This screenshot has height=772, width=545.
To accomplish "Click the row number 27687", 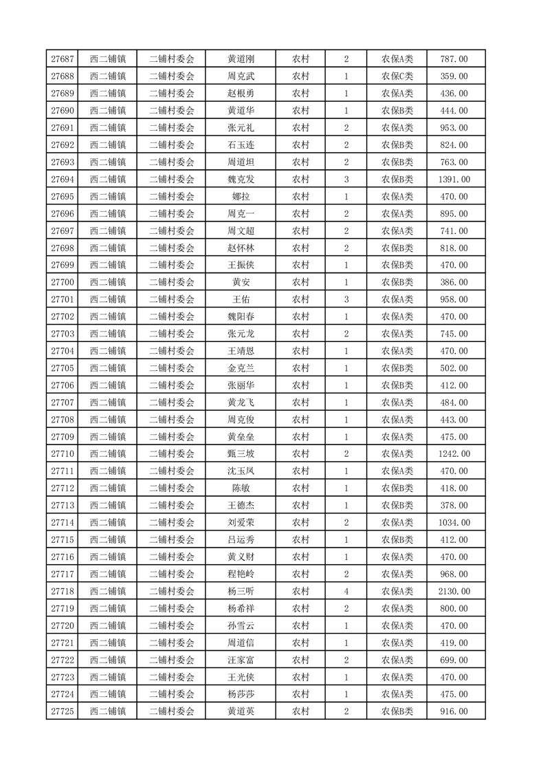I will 63,59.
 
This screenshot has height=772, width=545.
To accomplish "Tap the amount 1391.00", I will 454,180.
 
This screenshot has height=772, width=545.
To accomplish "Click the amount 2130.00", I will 454,591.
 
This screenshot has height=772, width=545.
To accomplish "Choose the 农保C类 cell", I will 397,76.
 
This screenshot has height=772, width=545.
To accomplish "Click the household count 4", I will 346,591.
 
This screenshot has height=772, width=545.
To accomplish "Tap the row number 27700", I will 63,282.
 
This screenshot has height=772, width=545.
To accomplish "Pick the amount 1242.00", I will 454,454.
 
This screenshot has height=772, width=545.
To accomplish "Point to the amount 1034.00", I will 454,523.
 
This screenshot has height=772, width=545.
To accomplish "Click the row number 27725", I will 63,711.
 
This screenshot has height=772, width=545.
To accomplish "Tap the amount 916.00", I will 454,711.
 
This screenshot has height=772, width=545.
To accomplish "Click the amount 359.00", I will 454,76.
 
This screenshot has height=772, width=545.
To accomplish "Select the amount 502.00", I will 454,368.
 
